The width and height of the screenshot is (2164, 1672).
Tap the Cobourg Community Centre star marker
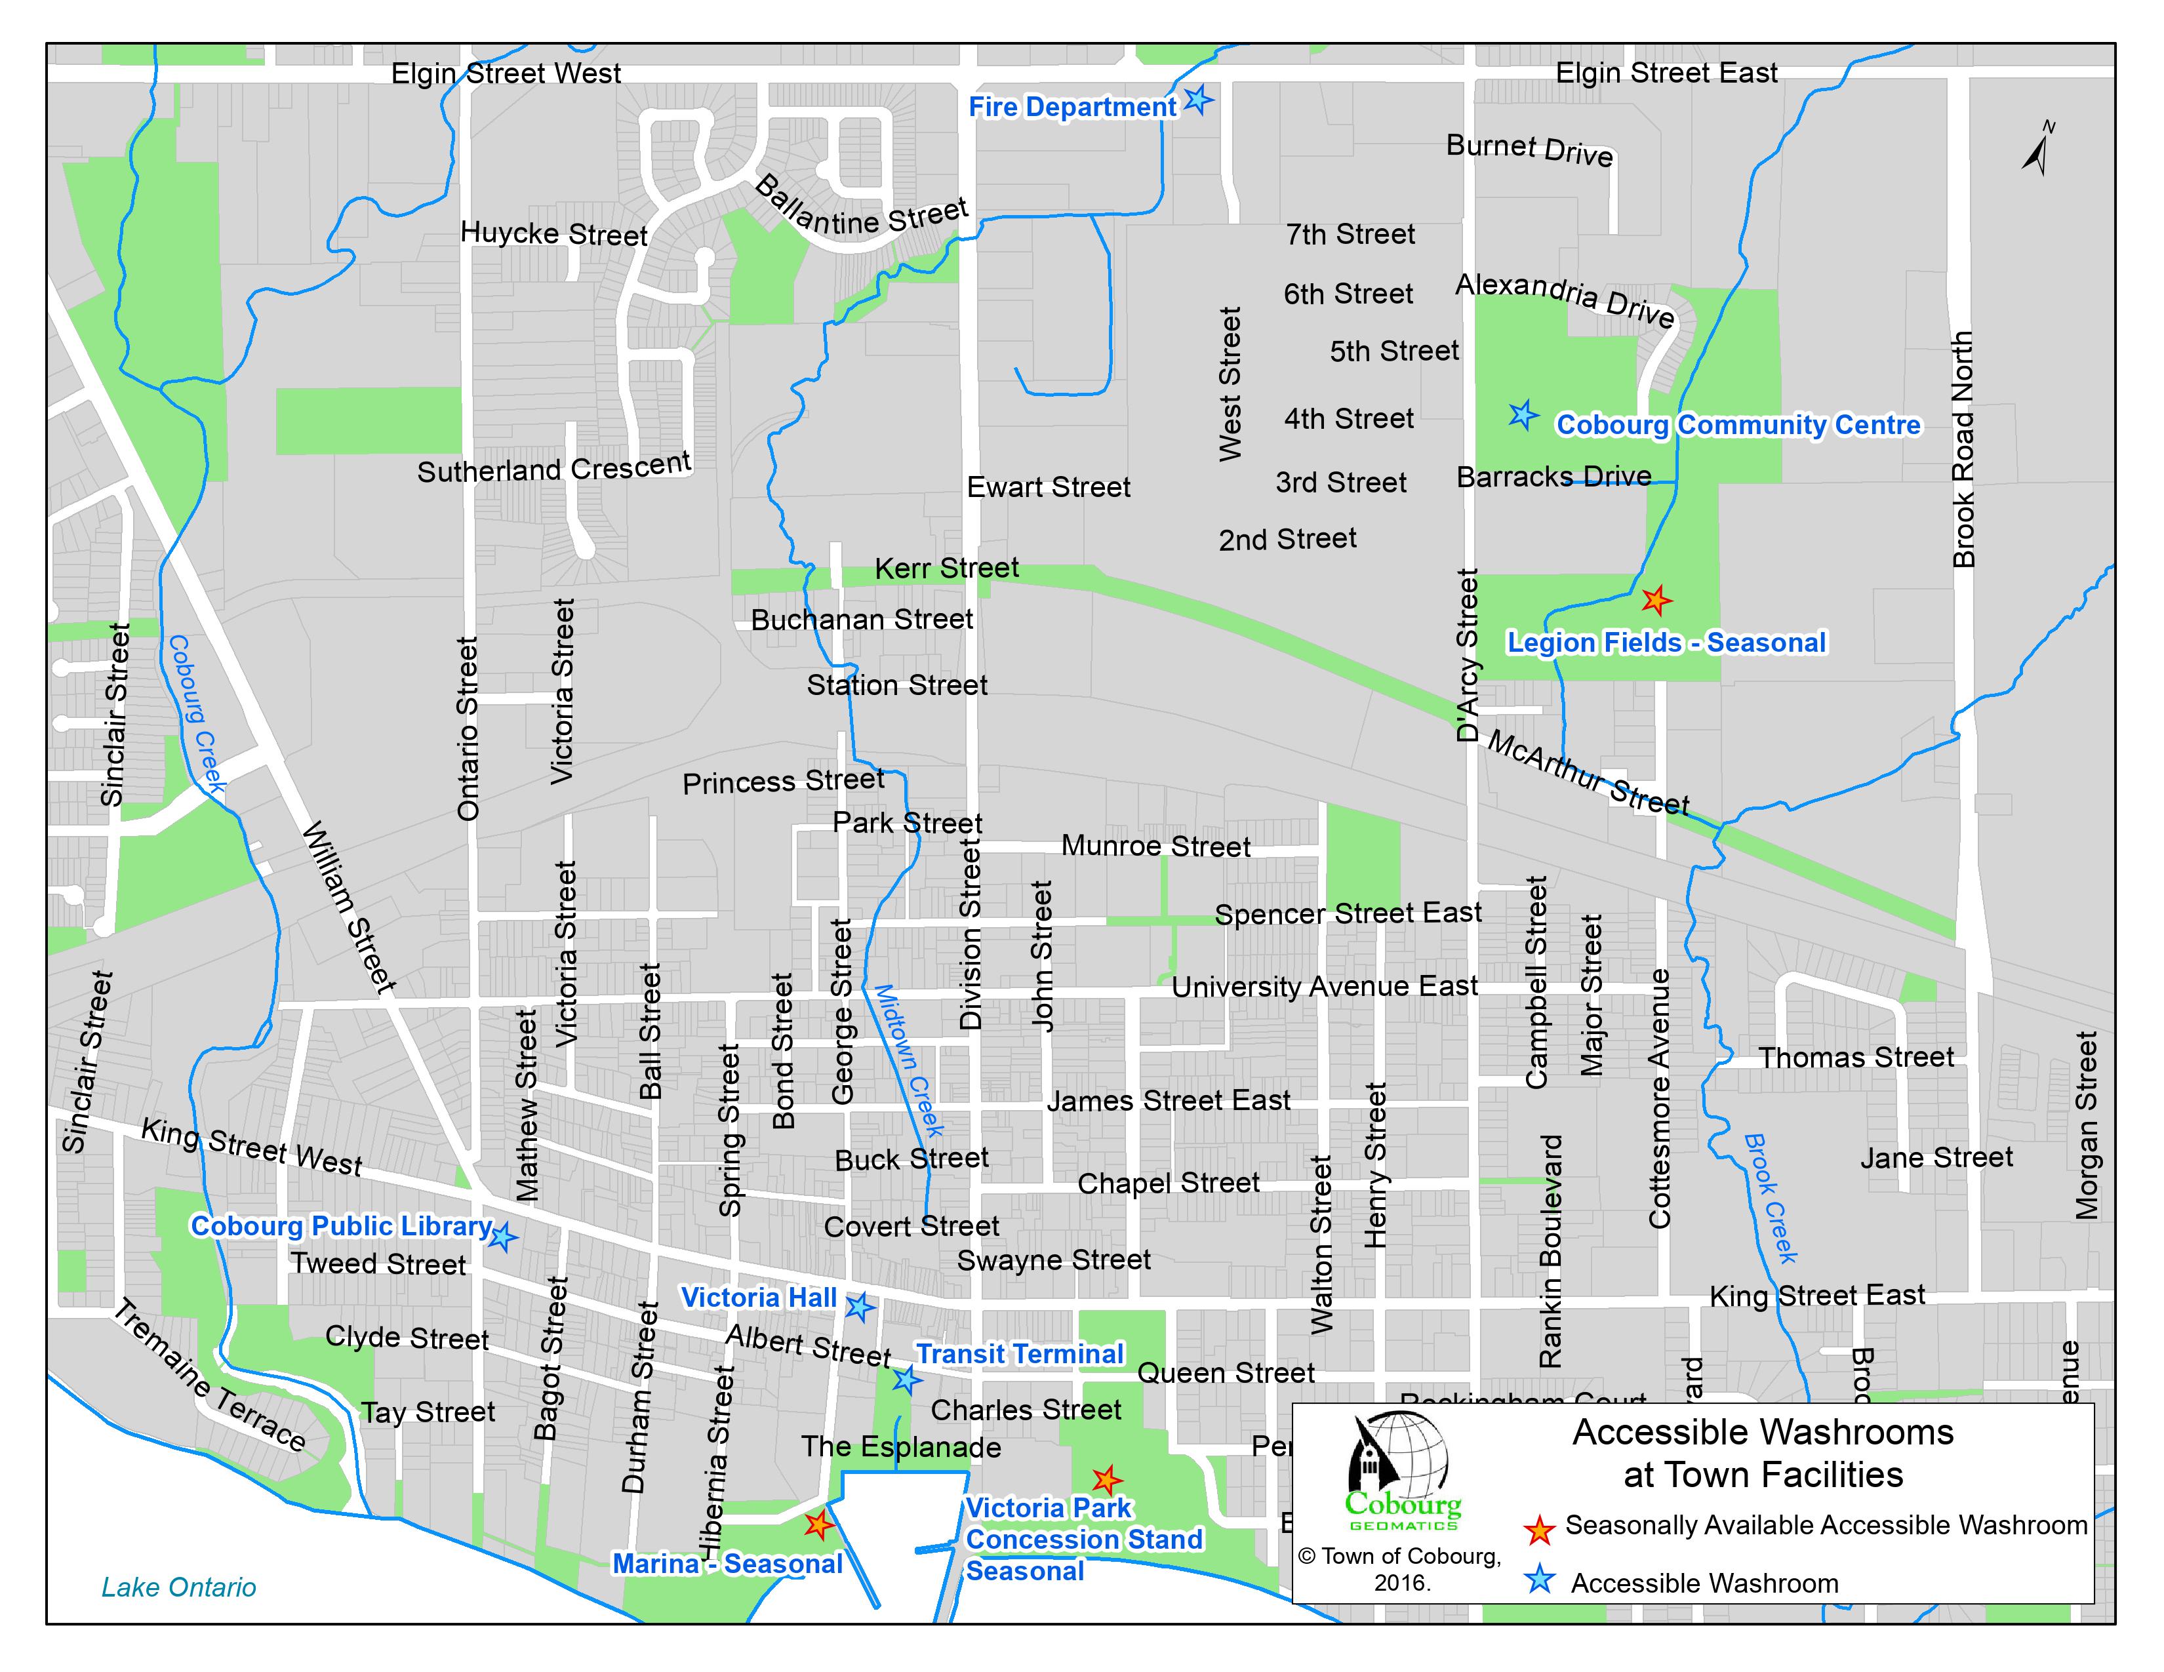click(1523, 415)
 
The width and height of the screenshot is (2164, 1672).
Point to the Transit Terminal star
click(905, 1379)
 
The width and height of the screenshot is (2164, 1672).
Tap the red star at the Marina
click(818, 1524)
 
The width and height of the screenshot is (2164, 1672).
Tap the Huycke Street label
click(554, 235)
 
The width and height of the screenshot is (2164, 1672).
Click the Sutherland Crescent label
click(554, 468)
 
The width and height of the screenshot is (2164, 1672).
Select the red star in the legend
click(1539, 1529)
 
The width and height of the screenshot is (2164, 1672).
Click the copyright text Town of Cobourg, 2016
click(1400, 1569)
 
